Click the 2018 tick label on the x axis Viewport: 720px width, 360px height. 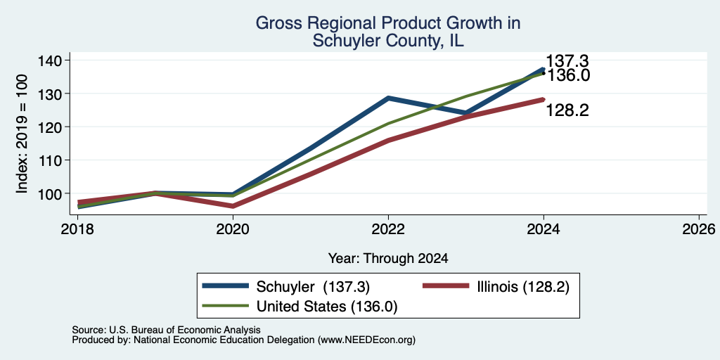77,229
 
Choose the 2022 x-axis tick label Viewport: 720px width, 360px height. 388,229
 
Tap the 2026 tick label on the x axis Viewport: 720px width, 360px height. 699,229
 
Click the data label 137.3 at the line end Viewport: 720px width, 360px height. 567,61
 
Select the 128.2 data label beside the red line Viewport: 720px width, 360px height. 567,110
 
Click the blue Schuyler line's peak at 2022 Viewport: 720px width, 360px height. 388,98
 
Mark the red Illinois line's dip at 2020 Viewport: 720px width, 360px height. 233,206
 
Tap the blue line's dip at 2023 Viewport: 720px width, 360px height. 466,112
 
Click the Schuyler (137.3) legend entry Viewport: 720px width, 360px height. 286,287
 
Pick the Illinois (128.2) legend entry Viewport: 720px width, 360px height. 496,287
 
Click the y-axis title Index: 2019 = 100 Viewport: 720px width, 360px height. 22,134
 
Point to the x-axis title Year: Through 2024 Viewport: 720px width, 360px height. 388,259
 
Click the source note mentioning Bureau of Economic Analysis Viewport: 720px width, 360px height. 166,330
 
